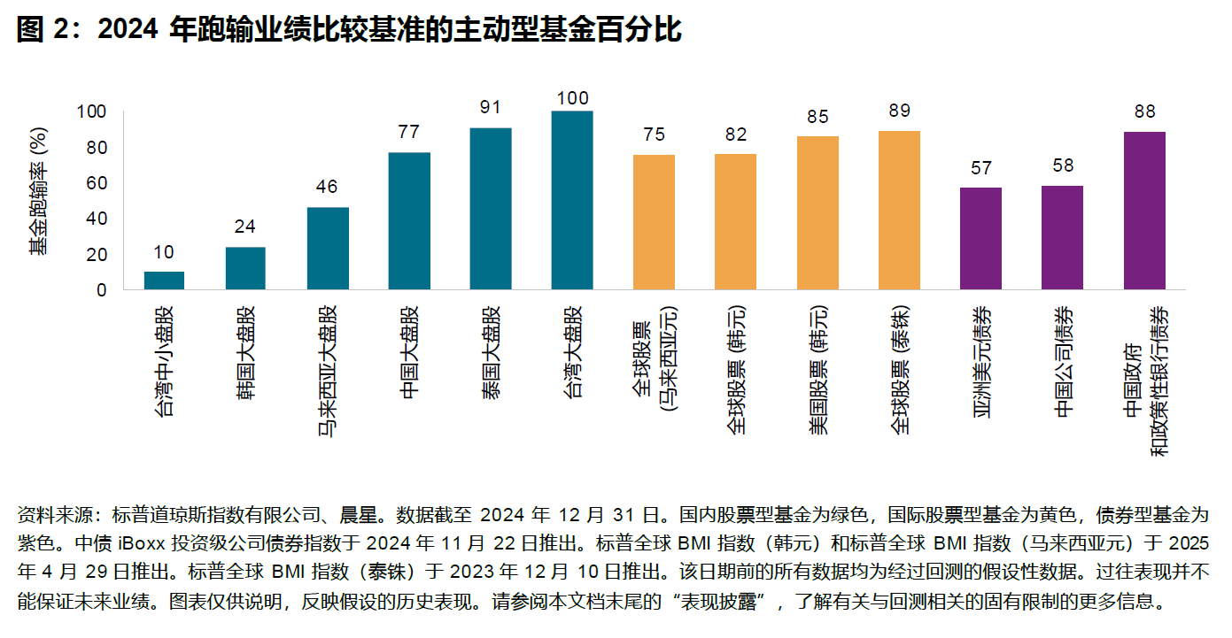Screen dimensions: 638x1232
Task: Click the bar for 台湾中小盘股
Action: [164, 281]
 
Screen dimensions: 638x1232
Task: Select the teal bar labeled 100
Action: [572, 201]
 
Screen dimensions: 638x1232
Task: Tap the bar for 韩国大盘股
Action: [245, 268]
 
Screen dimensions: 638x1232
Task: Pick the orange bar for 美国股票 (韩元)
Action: [817, 213]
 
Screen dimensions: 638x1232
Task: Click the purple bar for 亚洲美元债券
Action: [980, 239]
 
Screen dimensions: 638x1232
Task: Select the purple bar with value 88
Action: [1144, 211]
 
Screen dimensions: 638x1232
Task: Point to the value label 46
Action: [327, 187]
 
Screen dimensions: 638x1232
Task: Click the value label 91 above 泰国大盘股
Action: [491, 107]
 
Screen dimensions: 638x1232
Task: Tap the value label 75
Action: [654, 135]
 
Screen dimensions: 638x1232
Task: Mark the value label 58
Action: [1062, 165]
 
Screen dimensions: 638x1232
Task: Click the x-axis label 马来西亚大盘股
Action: [327, 372]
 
